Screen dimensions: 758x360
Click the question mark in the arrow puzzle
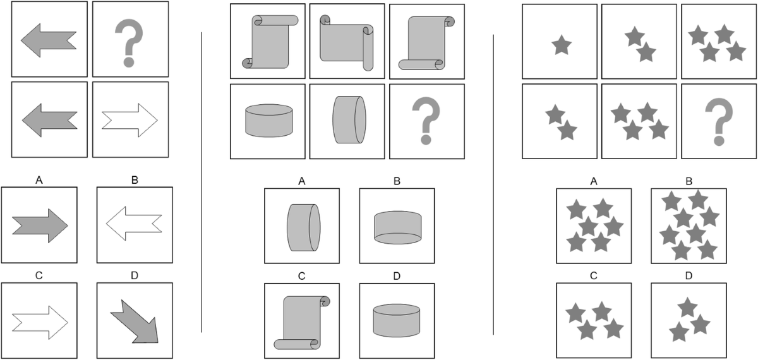pos(129,43)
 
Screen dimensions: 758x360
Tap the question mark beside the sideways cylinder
pos(426,121)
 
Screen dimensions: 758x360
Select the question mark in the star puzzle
pos(719,121)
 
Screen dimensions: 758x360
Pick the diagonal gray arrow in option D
pos(135,321)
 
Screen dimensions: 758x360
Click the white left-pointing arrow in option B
pos(134,224)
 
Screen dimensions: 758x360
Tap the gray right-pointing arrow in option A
pos(40,225)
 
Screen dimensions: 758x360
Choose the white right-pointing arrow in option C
pos(40,323)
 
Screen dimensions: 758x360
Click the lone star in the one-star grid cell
pos(562,45)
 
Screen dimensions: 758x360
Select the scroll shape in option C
pos(302,323)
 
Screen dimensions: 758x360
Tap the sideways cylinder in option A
pos(304,227)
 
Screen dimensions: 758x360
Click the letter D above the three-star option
pos(689,276)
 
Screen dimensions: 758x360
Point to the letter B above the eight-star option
pos(689,181)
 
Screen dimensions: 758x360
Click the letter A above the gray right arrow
pos(39,181)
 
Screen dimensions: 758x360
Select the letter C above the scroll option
pos(302,276)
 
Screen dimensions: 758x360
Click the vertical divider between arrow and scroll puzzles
pos(202,183)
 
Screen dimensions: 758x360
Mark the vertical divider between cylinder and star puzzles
pos(493,184)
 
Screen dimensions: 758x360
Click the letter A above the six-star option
pos(594,182)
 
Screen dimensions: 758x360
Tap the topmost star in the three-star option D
pos(687,307)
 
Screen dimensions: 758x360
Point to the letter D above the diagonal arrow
pos(135,276)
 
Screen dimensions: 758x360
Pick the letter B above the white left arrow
pos(135,181)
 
